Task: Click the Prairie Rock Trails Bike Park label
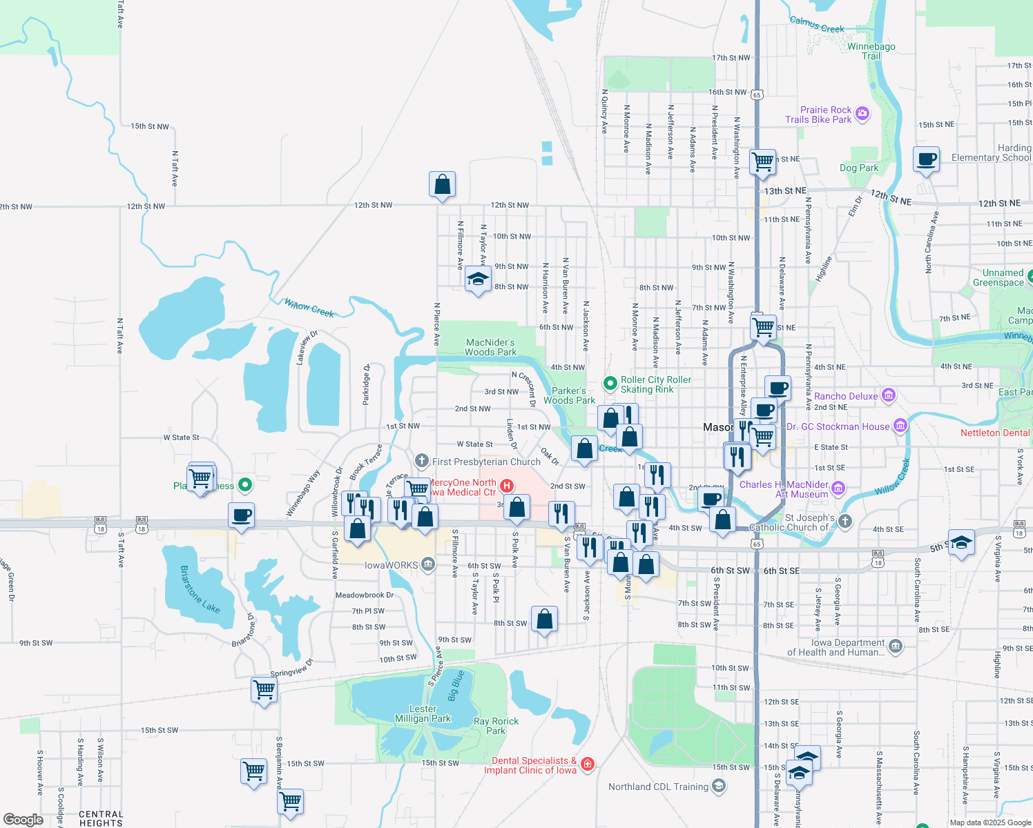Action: point(818,115)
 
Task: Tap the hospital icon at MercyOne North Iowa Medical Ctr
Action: point(507,486)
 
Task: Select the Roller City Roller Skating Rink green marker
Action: point(610,383)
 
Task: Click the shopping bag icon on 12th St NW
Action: point(442,185)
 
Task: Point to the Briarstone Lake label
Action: point(200,589)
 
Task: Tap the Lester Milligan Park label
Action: point(423,713)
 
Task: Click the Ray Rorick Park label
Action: point(496,726)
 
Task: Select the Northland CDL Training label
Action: point(658,787)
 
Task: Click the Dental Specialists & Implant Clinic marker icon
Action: point(587,764)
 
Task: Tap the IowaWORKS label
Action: point(391,565)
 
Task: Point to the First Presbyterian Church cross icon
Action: point(422,461)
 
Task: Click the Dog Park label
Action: point(859,168)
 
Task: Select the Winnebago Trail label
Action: point(871,51)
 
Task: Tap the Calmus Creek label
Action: point(817,26)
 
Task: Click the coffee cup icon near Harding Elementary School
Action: point(926,159)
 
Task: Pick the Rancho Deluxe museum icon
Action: point(889,395)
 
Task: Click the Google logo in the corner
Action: point(23,819)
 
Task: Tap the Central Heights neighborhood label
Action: point(101,818)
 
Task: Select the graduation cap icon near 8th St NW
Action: point(478,279)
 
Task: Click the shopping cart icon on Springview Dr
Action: point(264,689)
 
